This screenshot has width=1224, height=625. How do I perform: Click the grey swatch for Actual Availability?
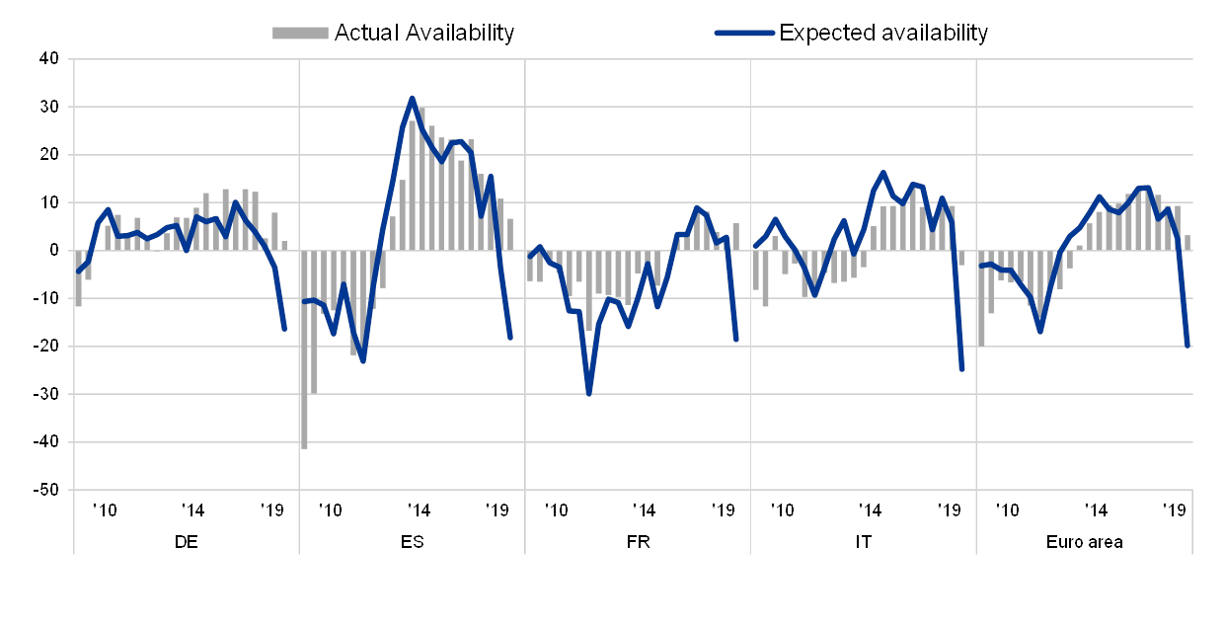click(x=300, y=33)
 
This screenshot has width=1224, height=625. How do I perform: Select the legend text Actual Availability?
click(x=424, y=33)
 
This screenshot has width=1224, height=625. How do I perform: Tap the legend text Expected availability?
click(x=888, y=33)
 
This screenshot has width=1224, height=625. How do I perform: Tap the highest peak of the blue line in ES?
click(x=412, y=98)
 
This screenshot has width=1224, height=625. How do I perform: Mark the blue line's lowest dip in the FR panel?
click(x=589, y=394)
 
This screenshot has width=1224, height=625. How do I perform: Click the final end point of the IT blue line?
click(x=961, y=370)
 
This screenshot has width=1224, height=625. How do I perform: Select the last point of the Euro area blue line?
click(x=1187, y=346)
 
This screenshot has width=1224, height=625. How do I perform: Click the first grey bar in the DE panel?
click(x=78, y=279)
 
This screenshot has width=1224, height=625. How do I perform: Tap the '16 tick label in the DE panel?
click(x=105, y=509)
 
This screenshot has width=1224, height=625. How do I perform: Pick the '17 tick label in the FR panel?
click(x=643, y=509)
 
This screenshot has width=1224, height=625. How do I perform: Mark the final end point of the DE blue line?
click(x=284, y=330)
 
